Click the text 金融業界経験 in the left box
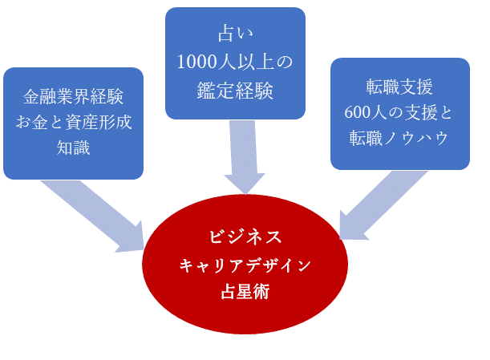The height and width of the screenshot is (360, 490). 73,99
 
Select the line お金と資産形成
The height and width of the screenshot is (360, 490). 73,123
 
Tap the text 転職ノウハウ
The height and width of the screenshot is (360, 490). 399,136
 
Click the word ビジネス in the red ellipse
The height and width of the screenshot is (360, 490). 245,237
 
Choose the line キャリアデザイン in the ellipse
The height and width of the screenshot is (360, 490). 245,265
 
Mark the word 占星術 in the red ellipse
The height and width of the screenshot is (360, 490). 245,291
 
